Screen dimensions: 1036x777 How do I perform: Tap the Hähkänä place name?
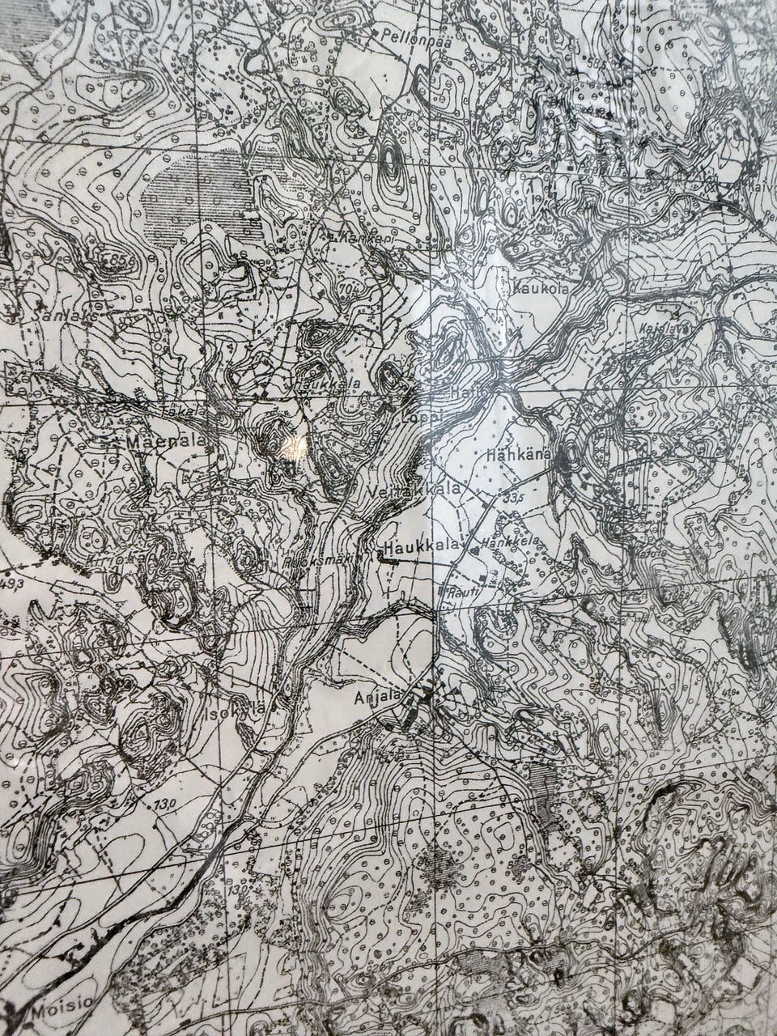[x=519, y=456]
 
